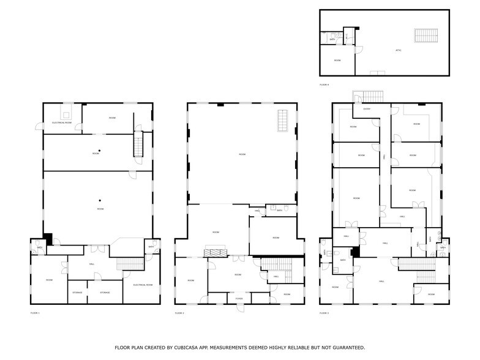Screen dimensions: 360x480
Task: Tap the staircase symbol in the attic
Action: coord(422,36)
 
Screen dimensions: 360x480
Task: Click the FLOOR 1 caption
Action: coord(35,313)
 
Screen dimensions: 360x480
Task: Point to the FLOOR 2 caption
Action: coord(179,313)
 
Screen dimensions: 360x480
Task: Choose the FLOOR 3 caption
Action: coord(324,313)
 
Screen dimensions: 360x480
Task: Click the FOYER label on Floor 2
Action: coord(239,299)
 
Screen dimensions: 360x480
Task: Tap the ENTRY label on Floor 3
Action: coord(367,109)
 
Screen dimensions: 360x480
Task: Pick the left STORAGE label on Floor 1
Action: coord(77,293)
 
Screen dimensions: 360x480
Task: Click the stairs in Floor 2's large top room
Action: coord(283,120)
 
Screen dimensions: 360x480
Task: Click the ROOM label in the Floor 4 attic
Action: coord(337,60)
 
